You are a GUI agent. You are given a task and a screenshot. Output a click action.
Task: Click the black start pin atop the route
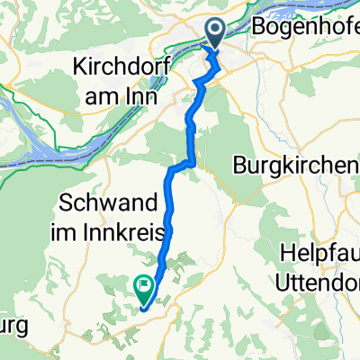217,34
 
